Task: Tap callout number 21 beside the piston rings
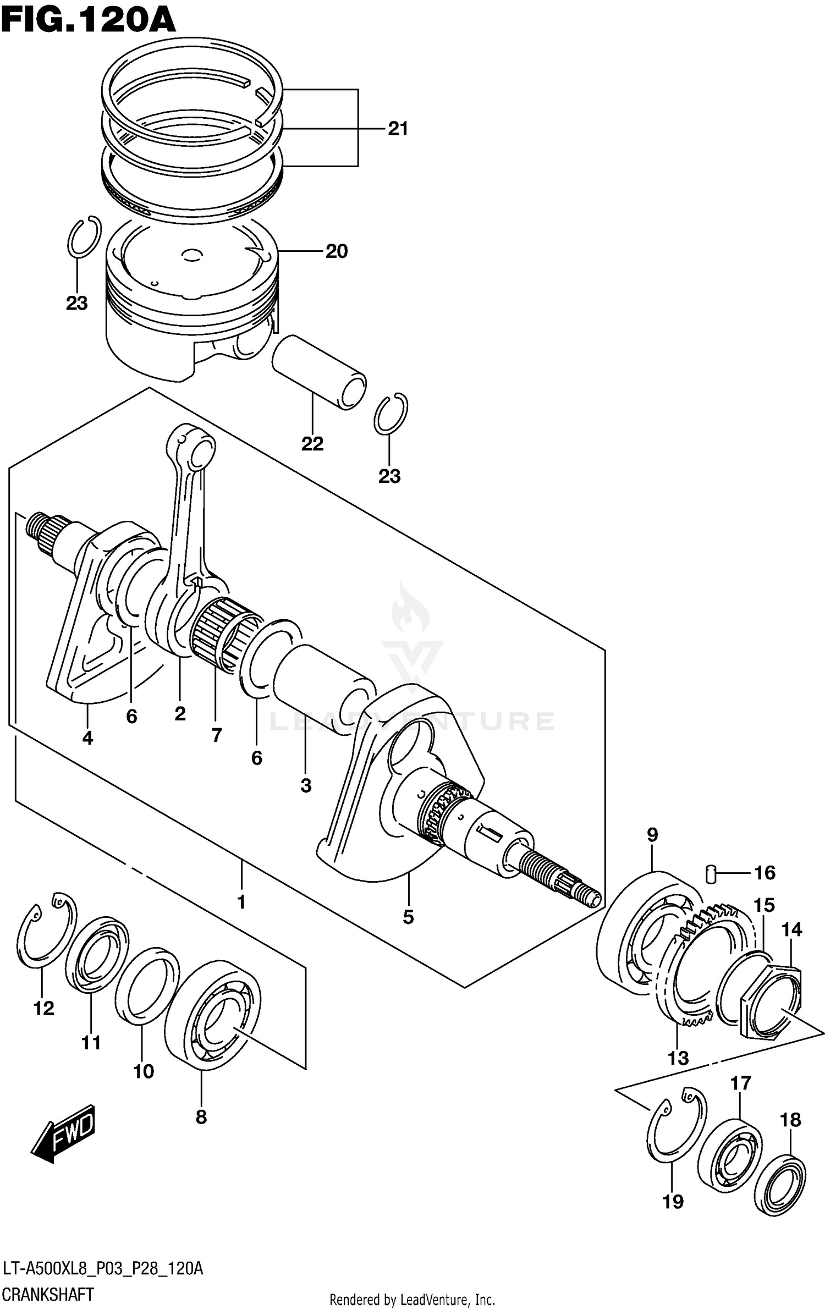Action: (398, 129)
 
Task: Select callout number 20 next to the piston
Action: (337, 251)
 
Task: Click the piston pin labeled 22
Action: (319, 372)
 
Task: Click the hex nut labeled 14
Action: (770, 1001)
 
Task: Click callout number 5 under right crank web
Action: (408, 917)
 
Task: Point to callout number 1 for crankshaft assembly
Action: (241, 902)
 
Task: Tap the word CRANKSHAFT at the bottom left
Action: (48, 1295)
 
